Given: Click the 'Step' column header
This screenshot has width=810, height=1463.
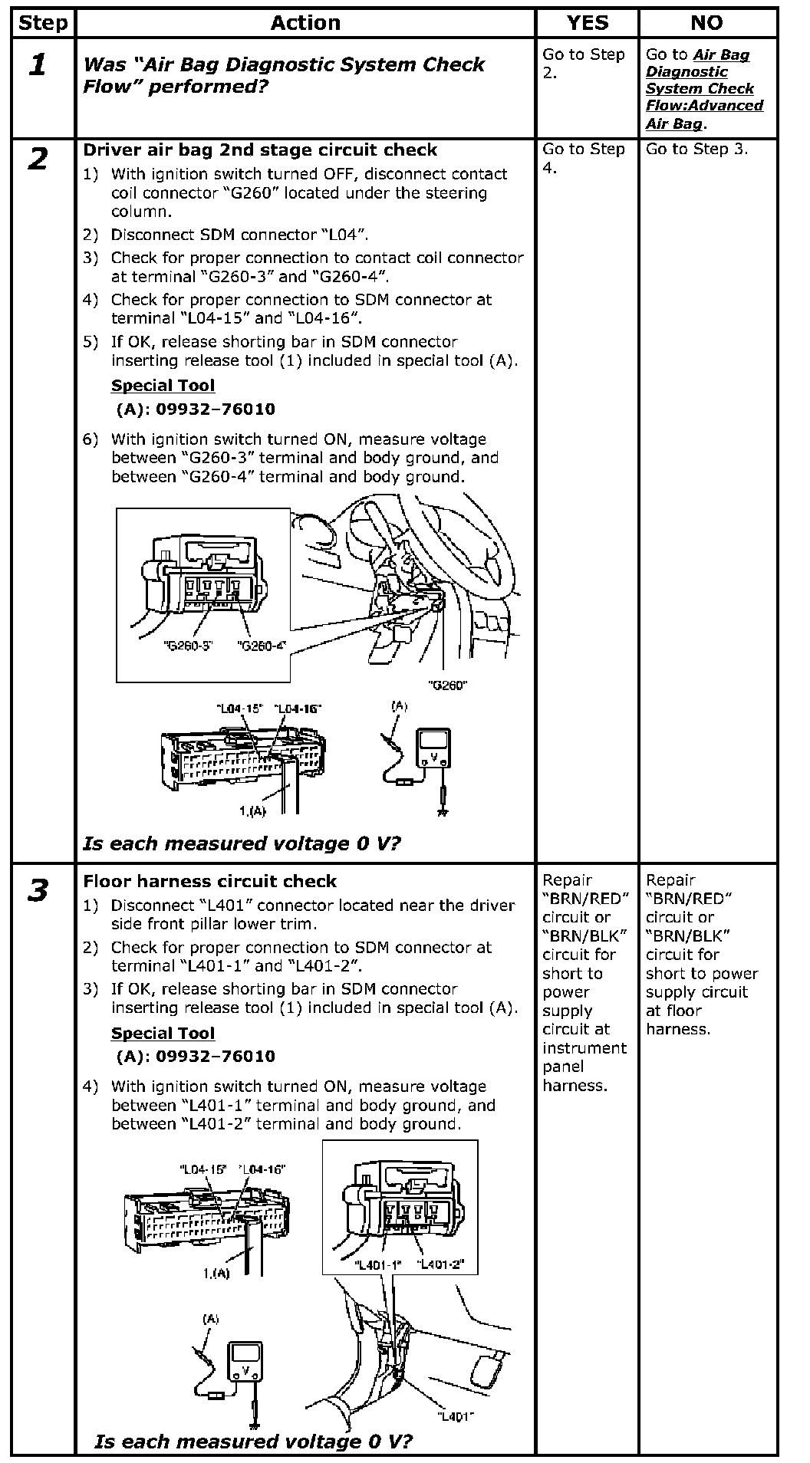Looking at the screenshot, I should coord(43,23).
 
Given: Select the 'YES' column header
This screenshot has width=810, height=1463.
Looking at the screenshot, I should coord(587,23).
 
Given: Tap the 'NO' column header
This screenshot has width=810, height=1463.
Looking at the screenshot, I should coord(706,23).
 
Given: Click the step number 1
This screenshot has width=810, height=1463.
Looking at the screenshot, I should coord(37,65).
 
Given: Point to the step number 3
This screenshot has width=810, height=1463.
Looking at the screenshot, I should coord(38,891).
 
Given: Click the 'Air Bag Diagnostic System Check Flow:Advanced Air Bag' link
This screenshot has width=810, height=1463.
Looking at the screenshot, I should coord(704,89).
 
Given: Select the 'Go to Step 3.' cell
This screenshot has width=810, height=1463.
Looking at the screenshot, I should coord(696,149).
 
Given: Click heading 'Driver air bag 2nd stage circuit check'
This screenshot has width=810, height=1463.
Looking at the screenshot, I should coord(260,150).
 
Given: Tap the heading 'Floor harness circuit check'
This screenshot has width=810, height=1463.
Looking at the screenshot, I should coord(210,881).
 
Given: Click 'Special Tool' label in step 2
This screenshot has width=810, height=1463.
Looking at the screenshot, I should coord(163,386).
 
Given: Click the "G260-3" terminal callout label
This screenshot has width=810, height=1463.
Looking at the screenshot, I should coord(188,646).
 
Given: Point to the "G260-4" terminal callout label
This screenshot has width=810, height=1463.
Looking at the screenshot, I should coord(262,646).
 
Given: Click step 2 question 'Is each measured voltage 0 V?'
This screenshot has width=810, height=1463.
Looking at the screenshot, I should coord(242,843).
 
